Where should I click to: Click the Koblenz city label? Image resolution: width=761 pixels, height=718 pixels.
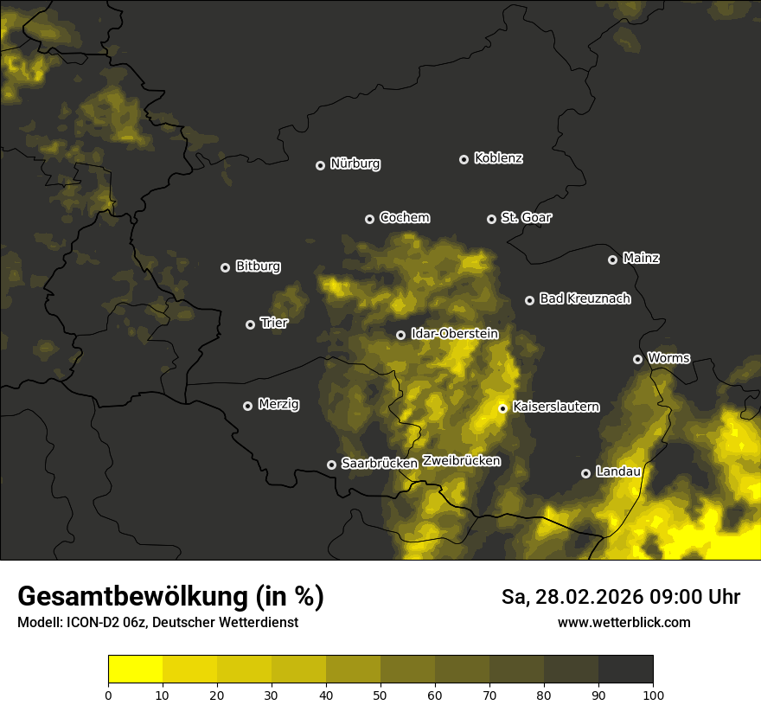click(498, 158)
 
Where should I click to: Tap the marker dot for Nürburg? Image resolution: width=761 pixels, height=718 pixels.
click(320, 165)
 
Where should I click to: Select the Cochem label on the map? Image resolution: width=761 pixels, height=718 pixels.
click(404, 218)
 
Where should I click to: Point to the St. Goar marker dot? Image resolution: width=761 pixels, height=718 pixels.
click(491, 220)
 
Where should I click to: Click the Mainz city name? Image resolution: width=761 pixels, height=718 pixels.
click(641, 258)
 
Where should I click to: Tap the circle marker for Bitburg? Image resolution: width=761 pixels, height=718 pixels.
click(225, 268)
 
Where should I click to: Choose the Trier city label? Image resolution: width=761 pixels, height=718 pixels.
click(273, 323)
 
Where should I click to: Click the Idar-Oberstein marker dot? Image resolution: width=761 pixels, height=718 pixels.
click(400, 336)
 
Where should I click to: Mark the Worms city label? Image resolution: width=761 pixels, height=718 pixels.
click(668, 357)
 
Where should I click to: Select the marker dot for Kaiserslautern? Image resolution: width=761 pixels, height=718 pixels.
click(502, 408)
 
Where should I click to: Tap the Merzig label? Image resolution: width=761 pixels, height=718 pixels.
click(278, 404)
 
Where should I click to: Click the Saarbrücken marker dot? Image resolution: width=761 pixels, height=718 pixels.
click(331, 465)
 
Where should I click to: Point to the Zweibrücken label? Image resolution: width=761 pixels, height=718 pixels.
click(461, 461)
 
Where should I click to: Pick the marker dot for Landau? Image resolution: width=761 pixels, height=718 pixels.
click(585, 473)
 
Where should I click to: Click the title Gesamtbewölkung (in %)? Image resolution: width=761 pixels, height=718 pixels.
click(170, 597)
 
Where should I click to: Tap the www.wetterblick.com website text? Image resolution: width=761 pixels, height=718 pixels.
click(624, 622)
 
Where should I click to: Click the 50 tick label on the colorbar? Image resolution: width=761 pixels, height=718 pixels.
click(380, 695)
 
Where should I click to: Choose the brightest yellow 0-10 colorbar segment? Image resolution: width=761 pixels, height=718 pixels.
click(135, 670)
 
